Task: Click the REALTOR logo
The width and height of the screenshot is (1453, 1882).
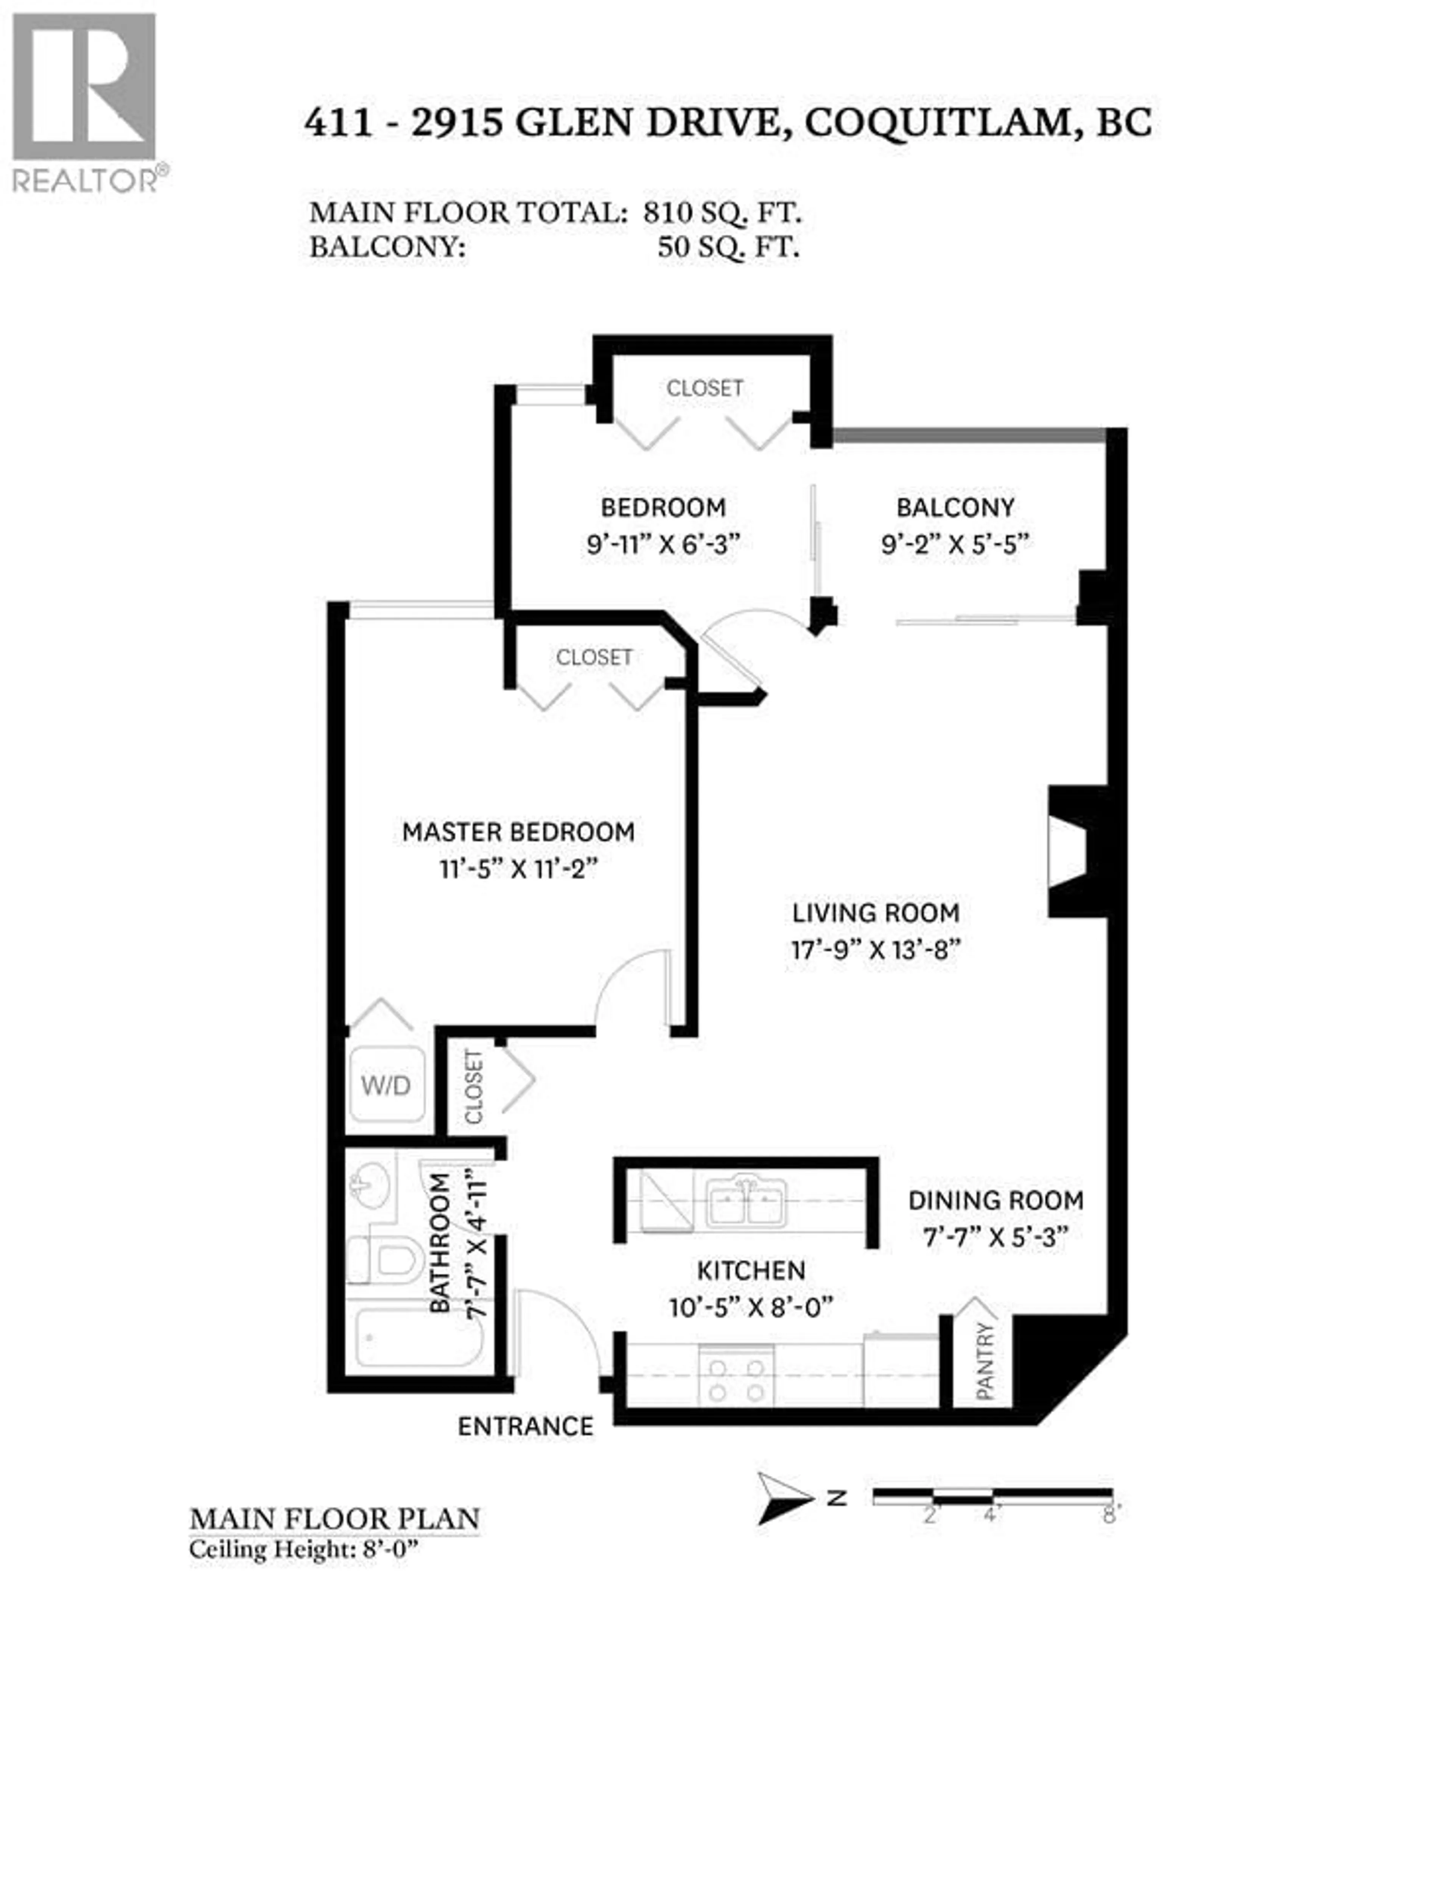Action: [x=84, y=102]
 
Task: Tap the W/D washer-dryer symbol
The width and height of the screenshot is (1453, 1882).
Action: [x=385, y=1085]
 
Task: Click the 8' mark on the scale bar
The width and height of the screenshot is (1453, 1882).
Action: [x=1109, y=1514]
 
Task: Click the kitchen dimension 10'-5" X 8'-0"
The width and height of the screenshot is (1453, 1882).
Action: [x=751, y=1307]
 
